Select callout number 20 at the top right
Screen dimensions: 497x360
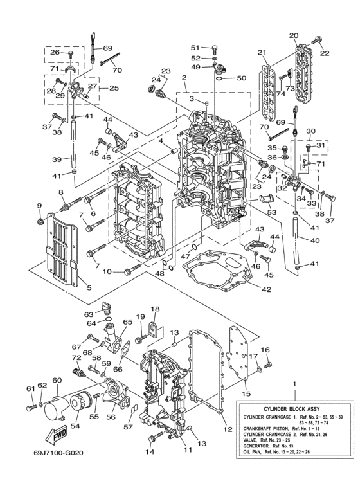(x=293, y=35)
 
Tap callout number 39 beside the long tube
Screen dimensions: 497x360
(x=56, y=160)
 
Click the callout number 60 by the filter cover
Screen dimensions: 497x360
(x=57, y=381)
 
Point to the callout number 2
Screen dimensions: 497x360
(x=184, y=78)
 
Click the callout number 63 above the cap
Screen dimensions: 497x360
(x=89, y=314)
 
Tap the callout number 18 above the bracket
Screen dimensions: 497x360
(x=154, y=309)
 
